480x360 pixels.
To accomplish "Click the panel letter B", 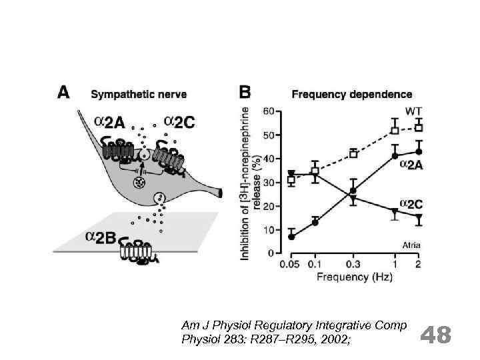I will point(245,93).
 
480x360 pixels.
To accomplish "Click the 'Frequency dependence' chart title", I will point(352,95).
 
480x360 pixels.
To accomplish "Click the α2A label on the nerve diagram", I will point(109,123).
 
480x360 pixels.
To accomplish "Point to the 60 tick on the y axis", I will point(273,111).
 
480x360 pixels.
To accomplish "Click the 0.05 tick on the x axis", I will point(291,265).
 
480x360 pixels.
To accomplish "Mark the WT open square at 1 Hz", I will point(395,130).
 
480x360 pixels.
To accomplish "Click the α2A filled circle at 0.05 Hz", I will point(291,237).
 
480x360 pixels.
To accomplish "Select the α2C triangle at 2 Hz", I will point(419,218).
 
